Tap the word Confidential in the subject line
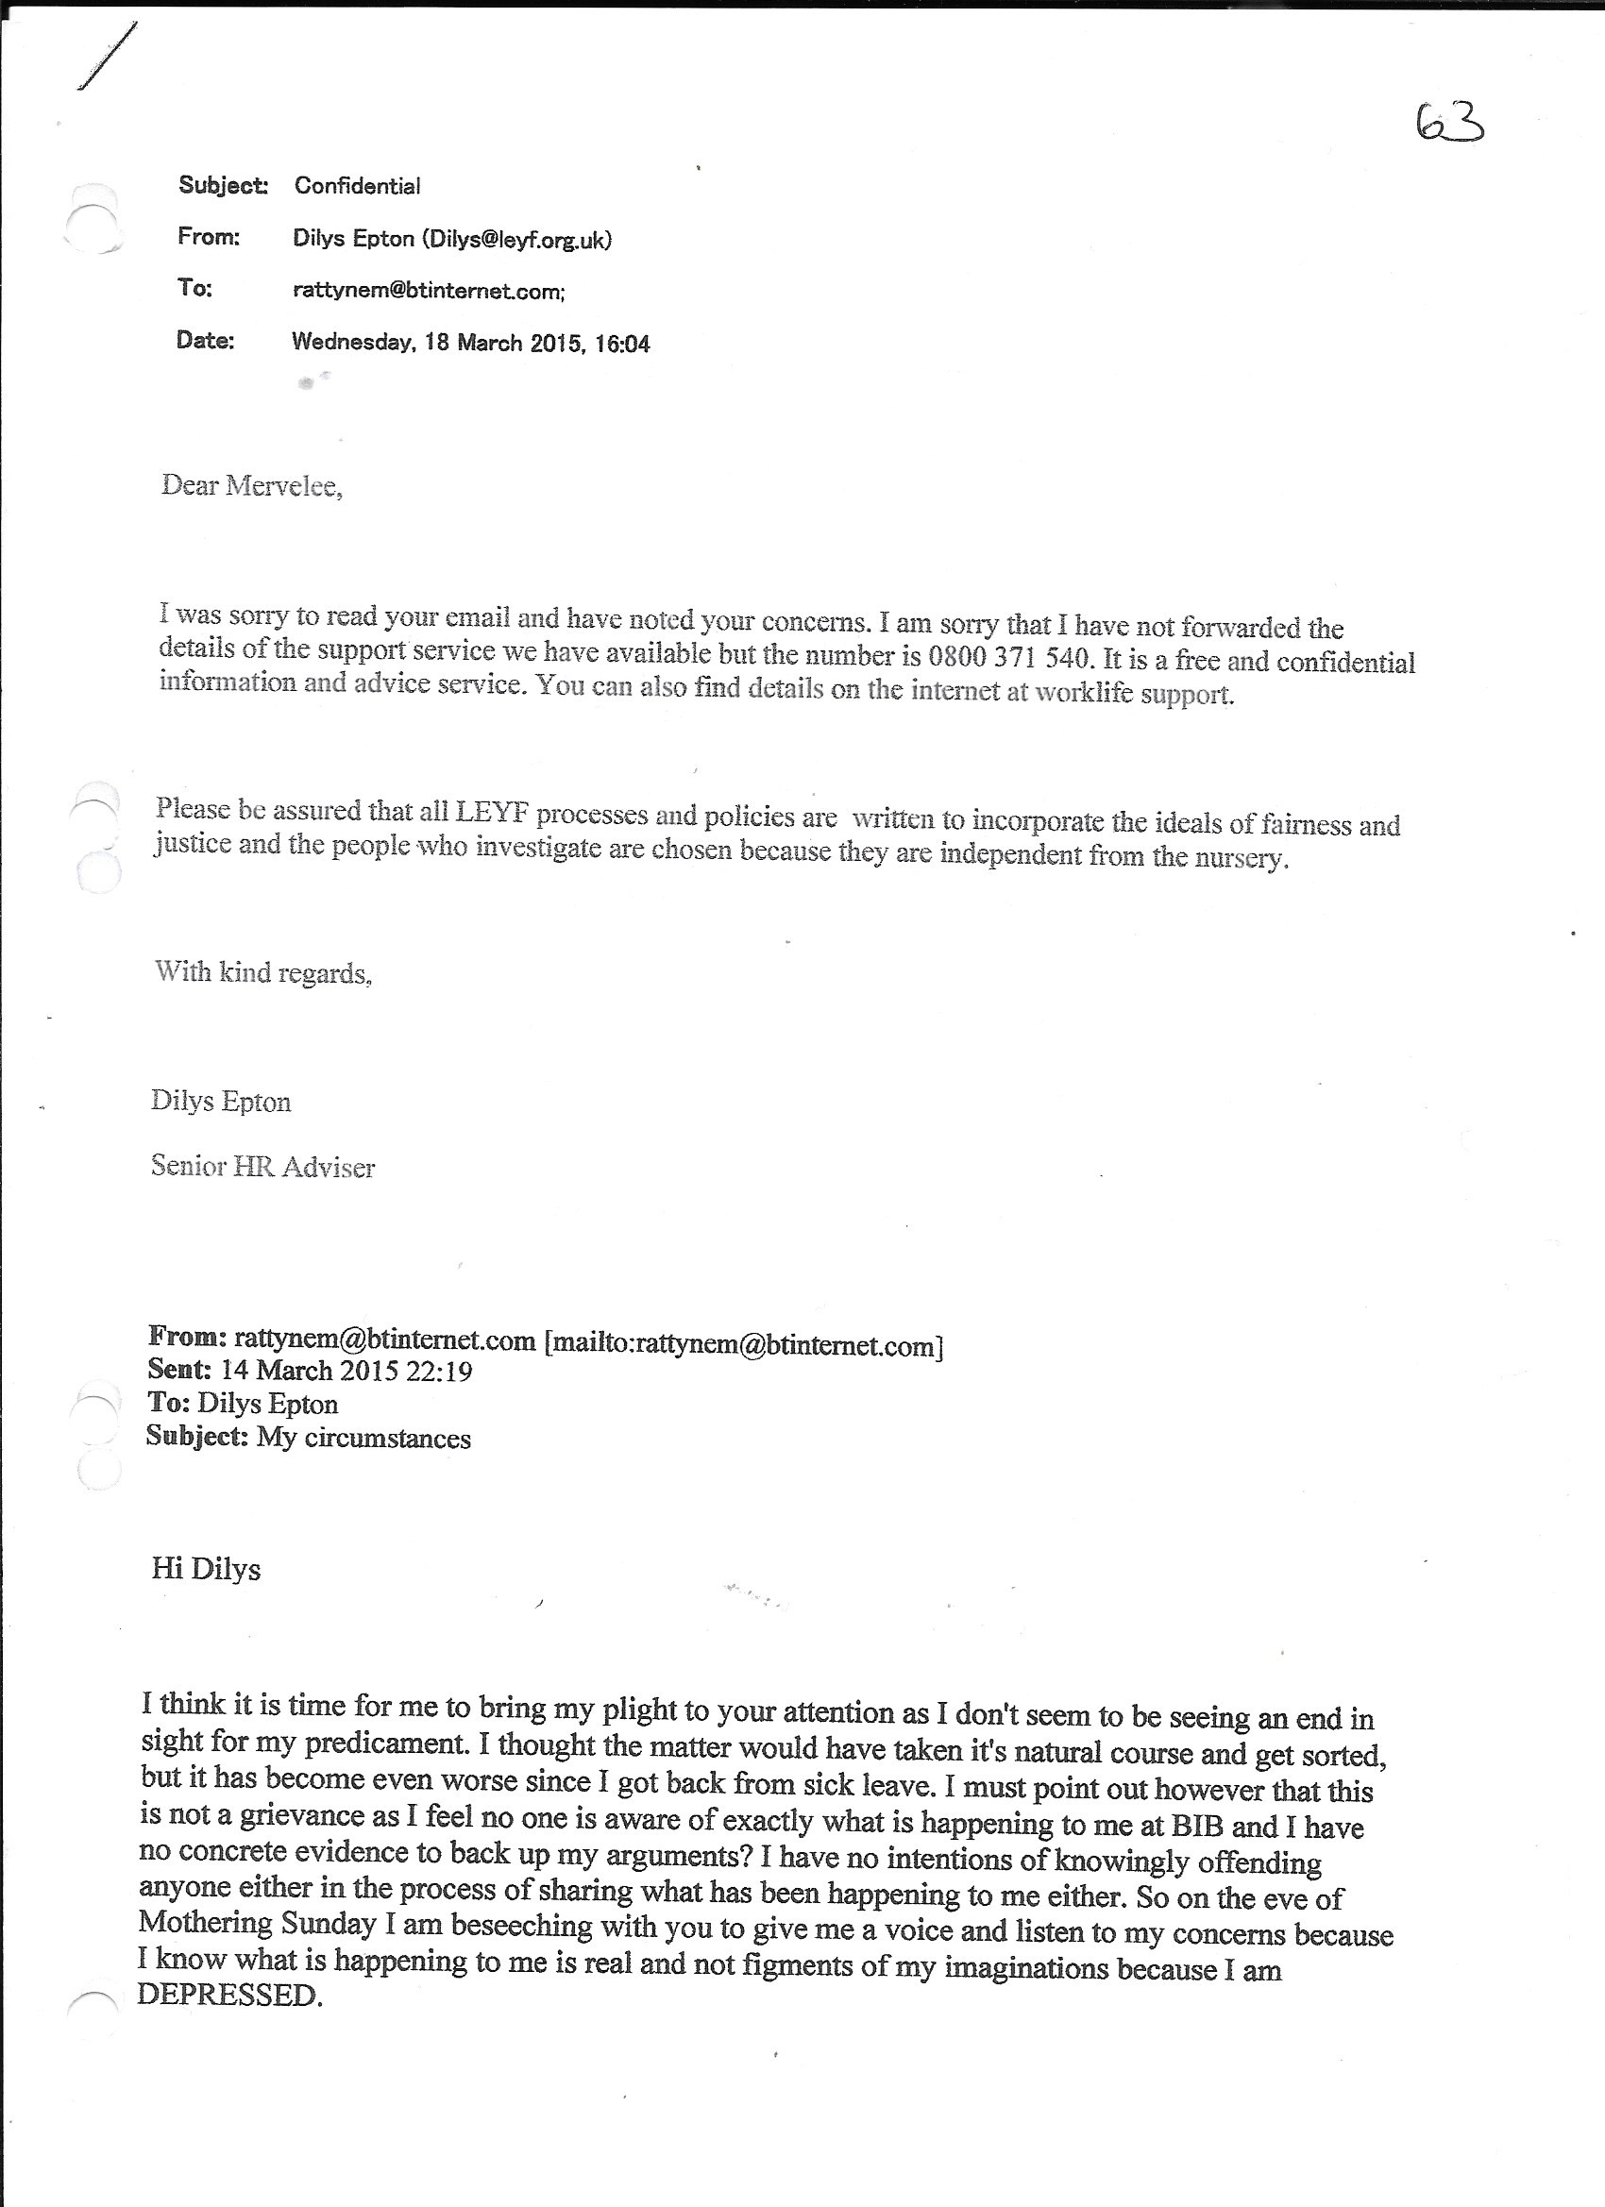[357, 186]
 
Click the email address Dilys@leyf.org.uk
[515, 240]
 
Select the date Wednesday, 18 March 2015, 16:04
[470, 343]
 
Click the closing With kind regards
[262, 972]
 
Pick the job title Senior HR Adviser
[262, 1166]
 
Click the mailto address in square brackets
[744, 1345]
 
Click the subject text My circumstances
[364, 1438]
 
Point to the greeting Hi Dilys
[207, 1569]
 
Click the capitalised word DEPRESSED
[229, 1994]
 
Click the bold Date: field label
[206, 341]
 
